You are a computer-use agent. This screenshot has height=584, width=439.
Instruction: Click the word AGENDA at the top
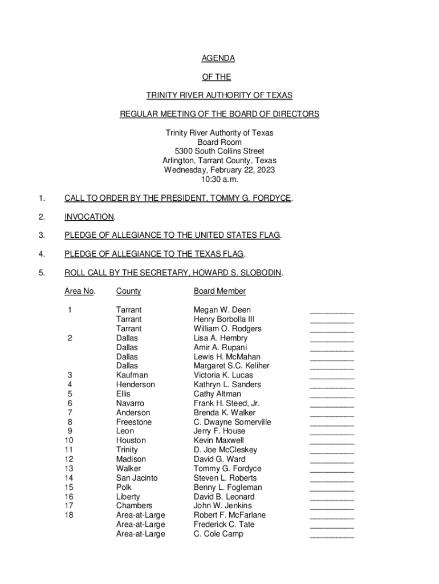[x=219, y=59]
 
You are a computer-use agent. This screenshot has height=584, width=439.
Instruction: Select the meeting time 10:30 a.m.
[x=219, y=179]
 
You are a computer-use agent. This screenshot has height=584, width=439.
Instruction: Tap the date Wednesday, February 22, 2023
[x=219, y=170]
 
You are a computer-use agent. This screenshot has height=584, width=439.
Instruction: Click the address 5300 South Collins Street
[x=219, y=151]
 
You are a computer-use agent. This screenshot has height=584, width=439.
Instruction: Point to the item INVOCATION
[x=89, y=217]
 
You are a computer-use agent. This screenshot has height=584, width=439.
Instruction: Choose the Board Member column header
[x=219, y=291]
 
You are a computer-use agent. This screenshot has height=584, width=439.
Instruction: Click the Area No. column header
[x=80, y=291]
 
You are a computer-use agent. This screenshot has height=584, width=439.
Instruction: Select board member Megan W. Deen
[x=222, y=310]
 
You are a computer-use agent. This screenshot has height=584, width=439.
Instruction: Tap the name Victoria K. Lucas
[x=223, y=375]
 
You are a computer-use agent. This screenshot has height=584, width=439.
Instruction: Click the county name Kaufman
[x=132, y=375]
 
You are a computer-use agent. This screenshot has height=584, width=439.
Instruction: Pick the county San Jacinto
[x=137, y=478]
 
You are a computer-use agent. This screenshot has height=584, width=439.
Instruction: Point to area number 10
[x=69, y=440]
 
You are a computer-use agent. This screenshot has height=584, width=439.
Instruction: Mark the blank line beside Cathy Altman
[x=331, y=395]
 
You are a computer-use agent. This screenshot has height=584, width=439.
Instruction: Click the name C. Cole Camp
[x=218, y=534]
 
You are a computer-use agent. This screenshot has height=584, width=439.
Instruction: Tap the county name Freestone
[x=134, y=422]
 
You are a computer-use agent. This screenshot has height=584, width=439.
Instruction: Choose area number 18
[x=69, y=515]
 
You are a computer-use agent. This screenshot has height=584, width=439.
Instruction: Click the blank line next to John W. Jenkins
[x=331, y=507]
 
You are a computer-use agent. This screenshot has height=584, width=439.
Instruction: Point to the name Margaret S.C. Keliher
[x=231, y=366]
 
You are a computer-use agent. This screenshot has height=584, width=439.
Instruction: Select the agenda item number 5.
[x=41, y=273]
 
